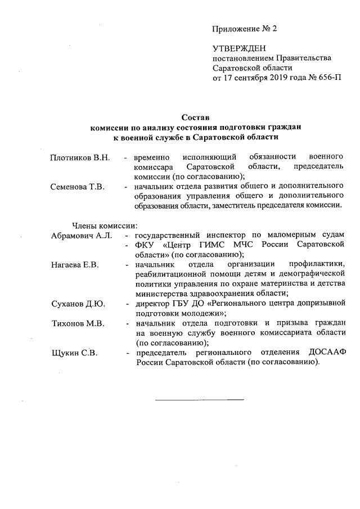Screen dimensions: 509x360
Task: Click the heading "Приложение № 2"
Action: (x=245, y=28)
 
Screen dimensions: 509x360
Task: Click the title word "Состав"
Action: (x=195, y=118)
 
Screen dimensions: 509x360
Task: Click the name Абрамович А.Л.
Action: (x=81, y=235)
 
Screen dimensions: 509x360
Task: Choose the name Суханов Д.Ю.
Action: (x=77, y=304)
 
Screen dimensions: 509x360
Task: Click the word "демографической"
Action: (x=311, y=274)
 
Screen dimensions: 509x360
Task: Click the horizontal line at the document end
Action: (x=199, y=399)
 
